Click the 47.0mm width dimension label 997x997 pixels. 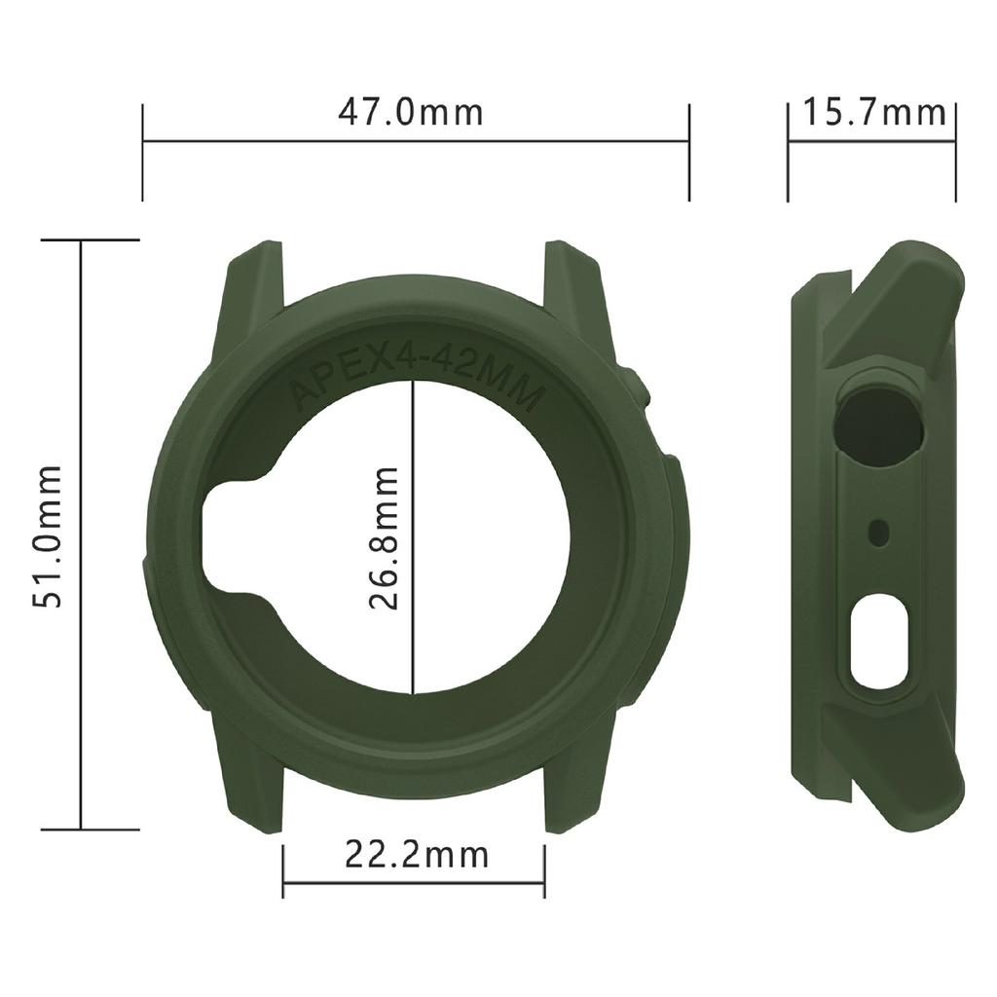coord(410,112)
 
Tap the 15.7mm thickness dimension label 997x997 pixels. coord(873,112)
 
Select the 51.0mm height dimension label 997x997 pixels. coord(48,535)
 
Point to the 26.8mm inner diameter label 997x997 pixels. coord(386,536)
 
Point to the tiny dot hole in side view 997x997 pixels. coord(879,532)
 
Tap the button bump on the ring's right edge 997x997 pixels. coord(640,389)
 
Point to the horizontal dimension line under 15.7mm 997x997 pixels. coord(871,141)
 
